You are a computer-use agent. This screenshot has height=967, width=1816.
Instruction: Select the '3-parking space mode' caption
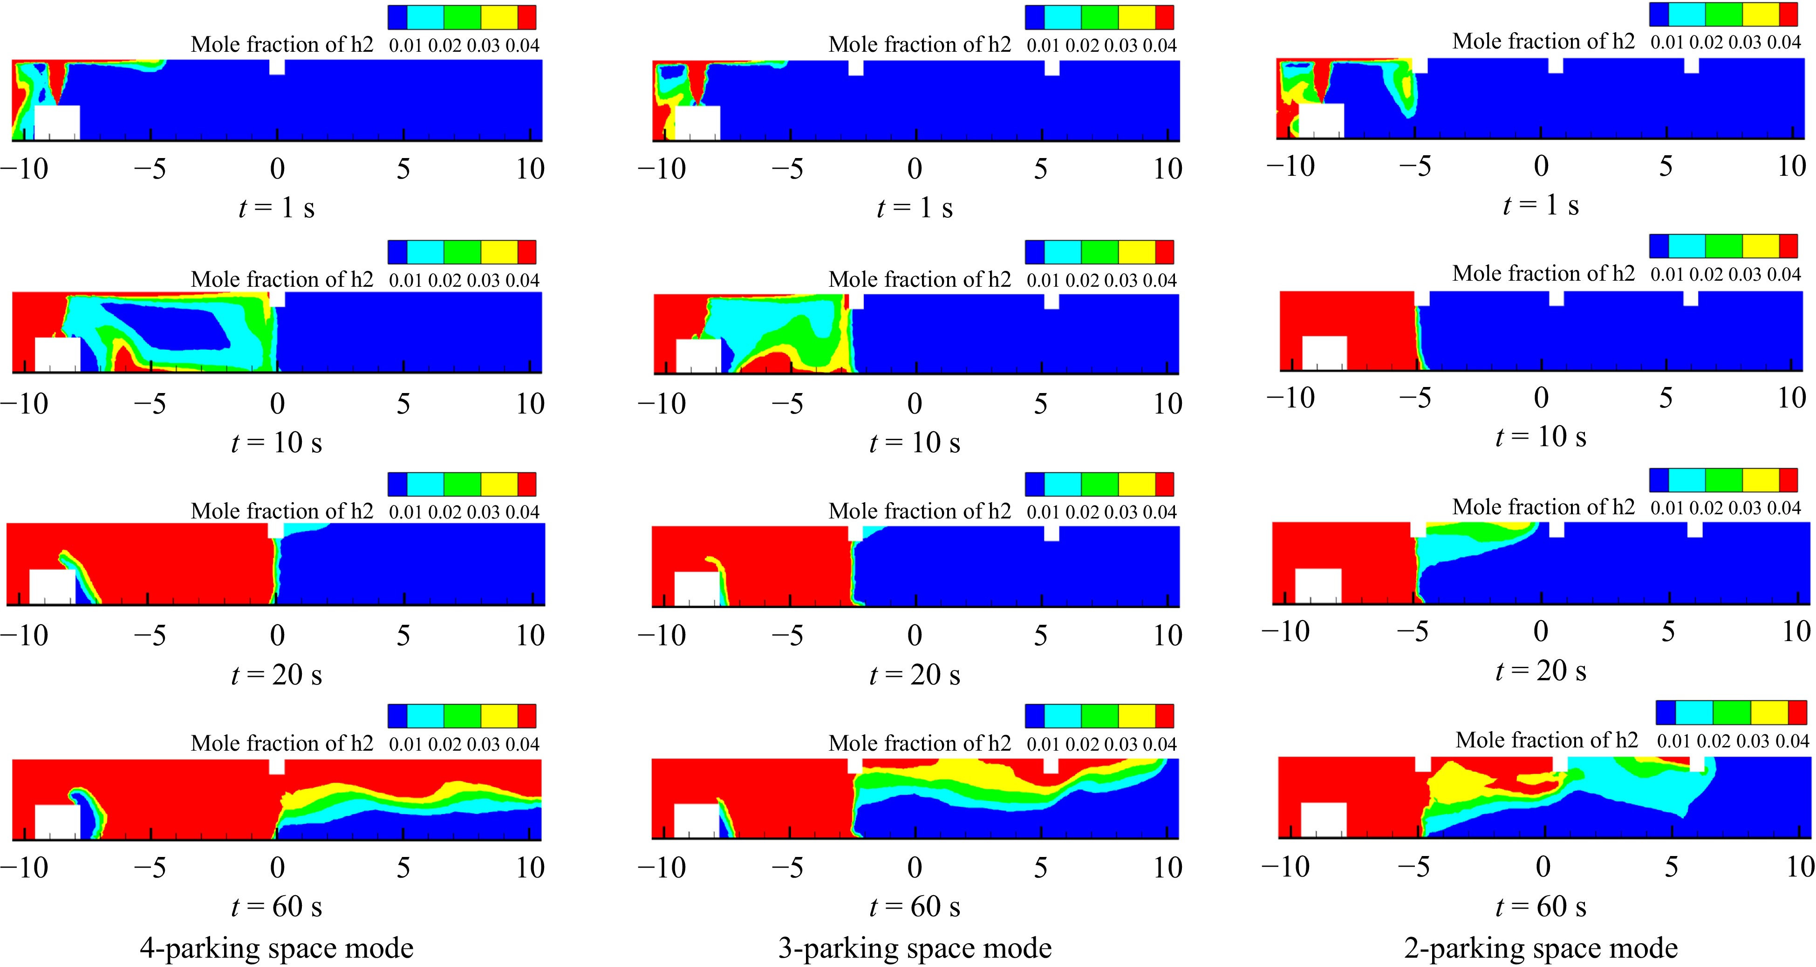tap(915, 947)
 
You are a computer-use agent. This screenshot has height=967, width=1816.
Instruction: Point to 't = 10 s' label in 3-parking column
tap(915, 442)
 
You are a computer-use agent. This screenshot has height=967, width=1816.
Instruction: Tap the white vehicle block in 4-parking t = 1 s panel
tap(57, 123)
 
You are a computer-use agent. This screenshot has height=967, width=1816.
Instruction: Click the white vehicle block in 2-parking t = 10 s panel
tap(1324, 352)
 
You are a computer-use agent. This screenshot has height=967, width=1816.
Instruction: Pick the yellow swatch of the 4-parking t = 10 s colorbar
tap(499, 252)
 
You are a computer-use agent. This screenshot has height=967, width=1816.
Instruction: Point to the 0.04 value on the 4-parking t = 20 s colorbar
tap(522, 512)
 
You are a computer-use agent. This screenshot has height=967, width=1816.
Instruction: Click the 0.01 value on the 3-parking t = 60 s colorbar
tap(1043, 744)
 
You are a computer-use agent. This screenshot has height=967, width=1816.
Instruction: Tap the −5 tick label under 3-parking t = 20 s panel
tap(787, 635)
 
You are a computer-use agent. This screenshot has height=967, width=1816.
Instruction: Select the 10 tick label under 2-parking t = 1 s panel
tap(1791, 166)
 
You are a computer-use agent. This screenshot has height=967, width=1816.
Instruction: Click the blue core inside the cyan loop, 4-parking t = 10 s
tap(169, 325)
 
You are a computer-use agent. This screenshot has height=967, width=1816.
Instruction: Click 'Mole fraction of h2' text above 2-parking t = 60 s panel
tap(1547, 740)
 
